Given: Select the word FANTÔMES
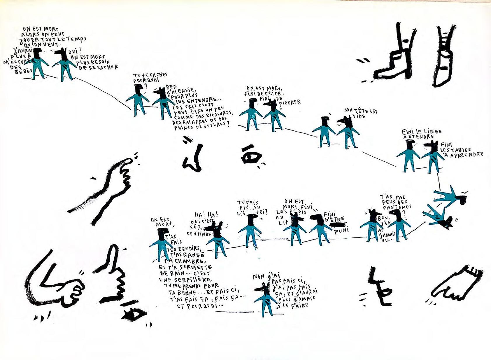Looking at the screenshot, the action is (x=397, y=207).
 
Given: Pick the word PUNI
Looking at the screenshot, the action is (x=342, y=231).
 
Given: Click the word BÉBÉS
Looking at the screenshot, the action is (x=23, y=71).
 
